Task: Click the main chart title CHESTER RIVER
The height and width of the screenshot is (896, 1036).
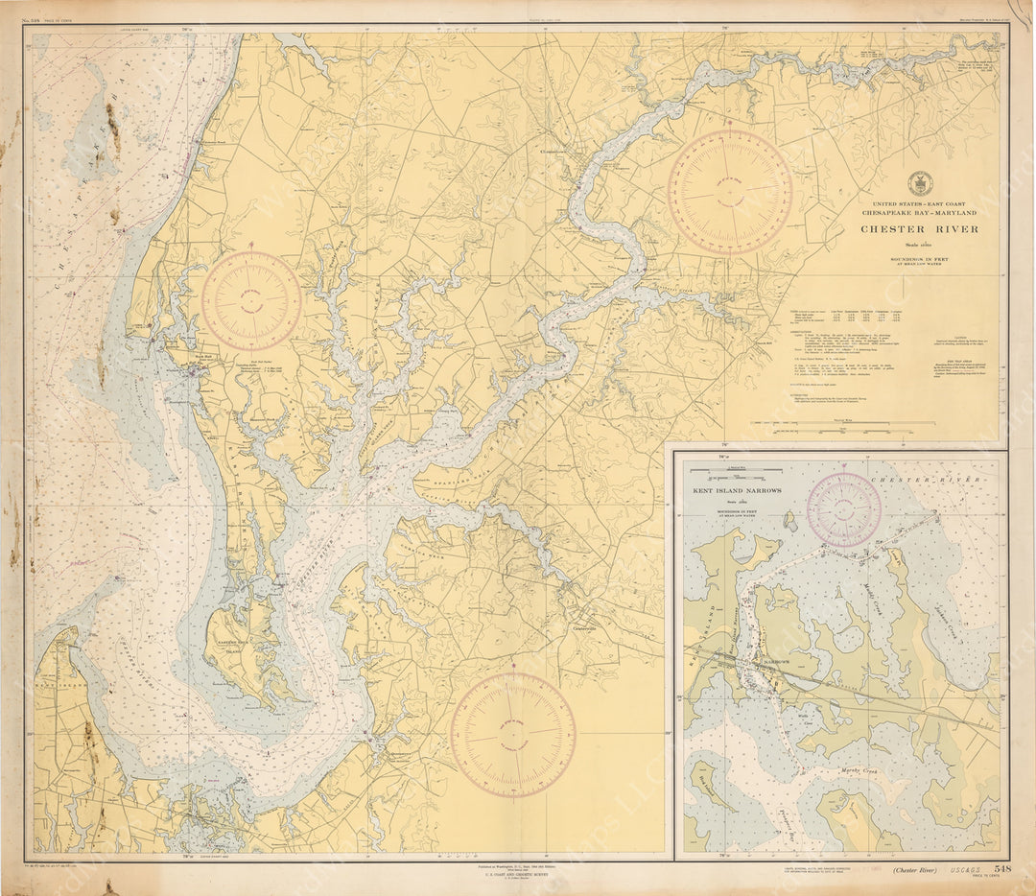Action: pos(919,229)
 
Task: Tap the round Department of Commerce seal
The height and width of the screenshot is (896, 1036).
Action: pos(919,183)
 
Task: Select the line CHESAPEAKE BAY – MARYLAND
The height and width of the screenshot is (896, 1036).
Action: pos(919,212)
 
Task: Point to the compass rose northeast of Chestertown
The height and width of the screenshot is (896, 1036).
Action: pos(729,192)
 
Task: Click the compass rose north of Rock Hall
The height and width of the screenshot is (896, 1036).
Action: pos(251,300)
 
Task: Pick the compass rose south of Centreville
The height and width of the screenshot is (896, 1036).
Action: pos(513,735)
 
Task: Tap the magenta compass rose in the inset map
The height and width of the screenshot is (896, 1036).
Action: pos(844,509)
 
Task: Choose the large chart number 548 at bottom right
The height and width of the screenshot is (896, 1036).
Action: pos(997,868)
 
